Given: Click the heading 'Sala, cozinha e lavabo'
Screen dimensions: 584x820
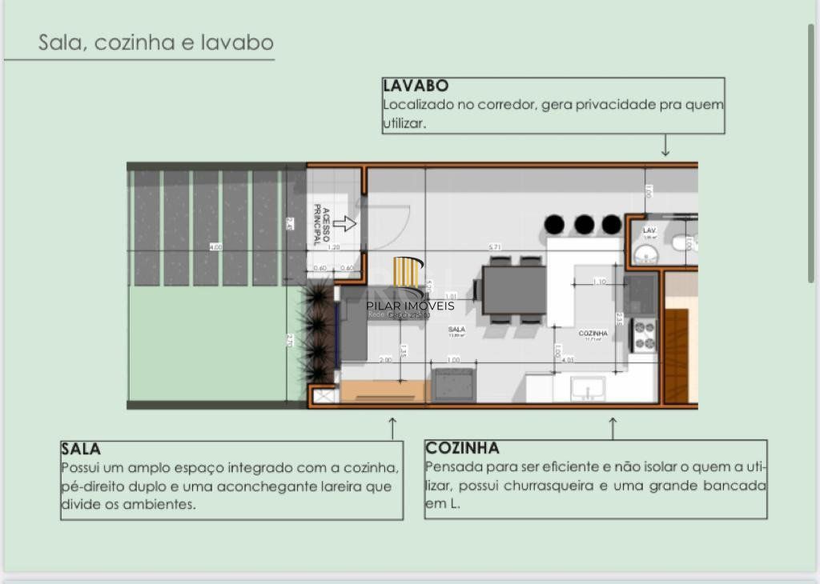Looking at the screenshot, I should tap(156, 42).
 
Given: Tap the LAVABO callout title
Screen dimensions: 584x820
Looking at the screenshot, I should tap(415, 86).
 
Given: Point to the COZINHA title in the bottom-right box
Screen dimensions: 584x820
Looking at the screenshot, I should tap(462, 448).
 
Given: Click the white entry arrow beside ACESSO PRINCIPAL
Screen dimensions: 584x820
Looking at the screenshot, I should tap(344, 224).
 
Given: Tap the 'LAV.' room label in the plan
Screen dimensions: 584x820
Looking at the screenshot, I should tap(649, 230).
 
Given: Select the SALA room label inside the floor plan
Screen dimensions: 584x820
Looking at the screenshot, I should tap(456, 329).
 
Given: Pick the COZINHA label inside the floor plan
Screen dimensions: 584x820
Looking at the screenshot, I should tap(593, 333).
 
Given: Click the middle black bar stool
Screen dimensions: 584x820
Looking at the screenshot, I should tap(584, 224).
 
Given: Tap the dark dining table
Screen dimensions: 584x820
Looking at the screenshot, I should tap(513, 290).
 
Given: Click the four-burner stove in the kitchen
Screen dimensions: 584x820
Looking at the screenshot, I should tap(645, 335).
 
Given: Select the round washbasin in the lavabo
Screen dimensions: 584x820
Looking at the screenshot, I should tap(645, 255).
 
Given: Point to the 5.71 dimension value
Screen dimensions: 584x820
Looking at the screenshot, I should tap(496, 247).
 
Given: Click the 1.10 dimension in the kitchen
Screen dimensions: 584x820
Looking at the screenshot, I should tap(599, 282).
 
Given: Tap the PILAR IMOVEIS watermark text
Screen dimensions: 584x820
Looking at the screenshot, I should tap(410, 306).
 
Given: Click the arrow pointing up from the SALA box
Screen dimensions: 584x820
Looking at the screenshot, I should tap(392, 427).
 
